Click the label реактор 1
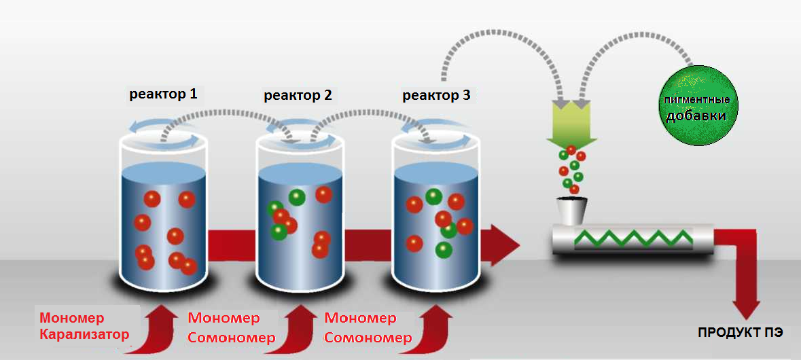click(x=163, y=94)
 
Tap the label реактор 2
click(x=298, y=95)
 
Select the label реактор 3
click(x=436, y=95)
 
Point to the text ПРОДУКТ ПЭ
click(x=740, y=333)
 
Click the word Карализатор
click(x=84, y=334)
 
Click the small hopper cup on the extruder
click(x=571, y=210)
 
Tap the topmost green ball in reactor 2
click(x=297, y=197)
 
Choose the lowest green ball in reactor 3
click(x=443, y=250)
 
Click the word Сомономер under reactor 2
click(x=232, y=338)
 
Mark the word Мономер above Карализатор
click(x=71, y=318)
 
